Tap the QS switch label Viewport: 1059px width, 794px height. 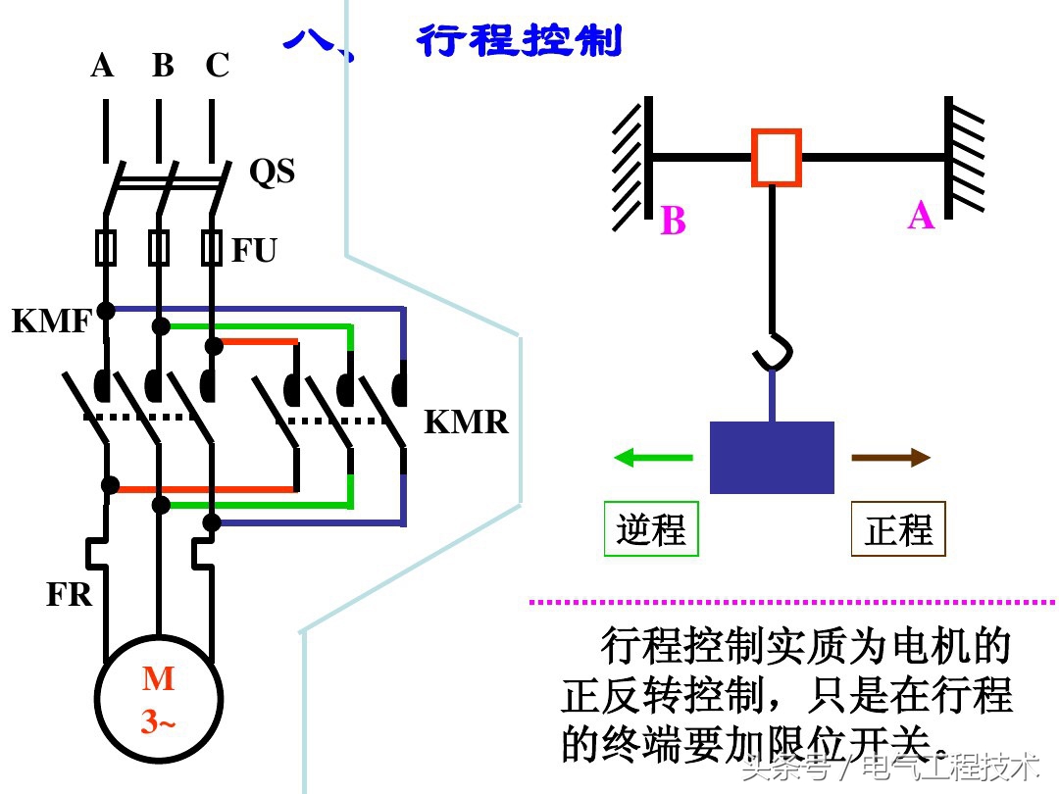[x=272, y=172]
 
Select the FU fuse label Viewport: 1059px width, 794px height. [x=254, y=251]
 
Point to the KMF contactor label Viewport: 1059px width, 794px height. [x=51, y=321]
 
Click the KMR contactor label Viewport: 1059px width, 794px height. [x=466, y=422]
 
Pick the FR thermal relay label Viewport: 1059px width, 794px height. [x=69, y=594]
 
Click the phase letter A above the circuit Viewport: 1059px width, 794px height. [x=102, y=66]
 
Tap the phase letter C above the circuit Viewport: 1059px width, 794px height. [x=217, y=66]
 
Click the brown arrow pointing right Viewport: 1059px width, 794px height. [x=890, y=457]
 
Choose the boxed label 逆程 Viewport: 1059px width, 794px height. [x=651, y=529]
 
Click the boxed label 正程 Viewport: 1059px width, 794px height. [x=898, y=529]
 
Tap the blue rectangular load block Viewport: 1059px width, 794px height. [x=772, y=458]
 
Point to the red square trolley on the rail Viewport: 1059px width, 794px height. [x=777, y=157]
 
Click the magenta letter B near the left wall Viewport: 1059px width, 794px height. [x=673, y=222]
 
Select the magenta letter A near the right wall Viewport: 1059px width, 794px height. [x=921, y=215]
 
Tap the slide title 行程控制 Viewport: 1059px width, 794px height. [x=520, y=41]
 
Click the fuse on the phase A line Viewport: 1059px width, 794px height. [x=105, y=248]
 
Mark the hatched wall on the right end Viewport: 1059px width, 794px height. [x=964, y=157]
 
